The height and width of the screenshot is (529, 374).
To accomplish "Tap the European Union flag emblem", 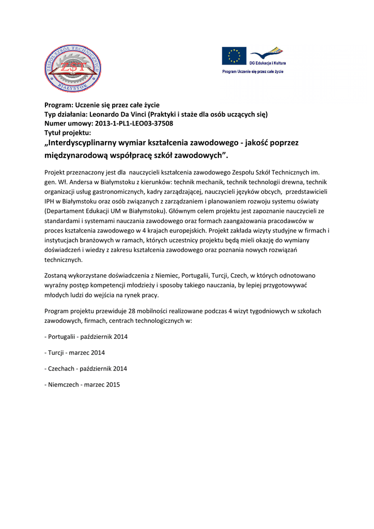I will click(x=234, y=56).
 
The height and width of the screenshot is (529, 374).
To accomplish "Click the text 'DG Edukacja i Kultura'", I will click(x=268, y=63).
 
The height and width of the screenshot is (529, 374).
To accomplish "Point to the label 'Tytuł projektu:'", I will click(x=68, y=133).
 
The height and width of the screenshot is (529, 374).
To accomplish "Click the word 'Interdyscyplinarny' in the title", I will click(x=85, y=143).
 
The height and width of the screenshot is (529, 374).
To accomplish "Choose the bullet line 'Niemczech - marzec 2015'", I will click(x=83, y=384).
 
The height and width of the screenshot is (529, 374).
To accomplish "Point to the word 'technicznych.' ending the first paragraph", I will click(x=64, y=260).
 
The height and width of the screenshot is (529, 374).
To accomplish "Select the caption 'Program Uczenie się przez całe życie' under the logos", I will click(x=253, y=71).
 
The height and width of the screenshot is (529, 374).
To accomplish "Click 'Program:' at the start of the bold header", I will click(x=59, y=105).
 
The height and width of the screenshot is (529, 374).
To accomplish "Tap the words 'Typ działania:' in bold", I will click(x=67, y=114).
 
